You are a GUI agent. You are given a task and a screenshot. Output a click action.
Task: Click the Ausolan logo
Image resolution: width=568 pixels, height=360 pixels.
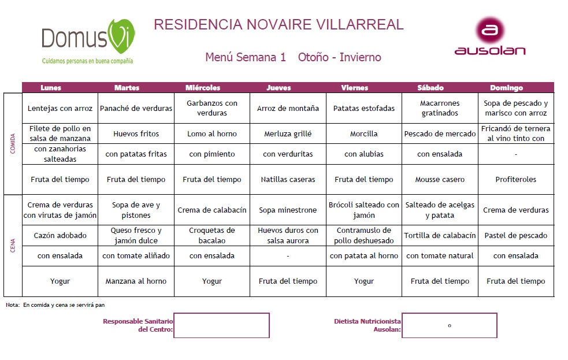(490, 37)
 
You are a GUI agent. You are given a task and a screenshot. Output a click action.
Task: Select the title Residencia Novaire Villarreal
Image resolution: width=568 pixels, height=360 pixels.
(279, 25)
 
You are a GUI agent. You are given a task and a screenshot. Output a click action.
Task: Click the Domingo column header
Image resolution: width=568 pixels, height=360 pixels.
(506, 88)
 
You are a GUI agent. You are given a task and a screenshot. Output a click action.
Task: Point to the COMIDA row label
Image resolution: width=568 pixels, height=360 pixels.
(13, 143)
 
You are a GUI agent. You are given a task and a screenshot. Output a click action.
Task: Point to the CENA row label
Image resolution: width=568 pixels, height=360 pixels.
(13, 245)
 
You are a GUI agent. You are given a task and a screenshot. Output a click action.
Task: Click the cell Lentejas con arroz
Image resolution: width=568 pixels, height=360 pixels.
(60, 108)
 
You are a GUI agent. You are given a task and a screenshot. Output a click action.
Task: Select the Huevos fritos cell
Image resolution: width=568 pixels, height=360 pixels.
(136, 133)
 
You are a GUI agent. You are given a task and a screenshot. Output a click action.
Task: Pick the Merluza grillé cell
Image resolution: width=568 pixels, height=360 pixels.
(288, 133)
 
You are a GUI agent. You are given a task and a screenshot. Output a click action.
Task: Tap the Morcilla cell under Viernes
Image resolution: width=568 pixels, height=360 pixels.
(364, 133)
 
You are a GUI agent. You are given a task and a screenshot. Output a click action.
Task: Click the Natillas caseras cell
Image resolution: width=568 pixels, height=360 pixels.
(288, 179)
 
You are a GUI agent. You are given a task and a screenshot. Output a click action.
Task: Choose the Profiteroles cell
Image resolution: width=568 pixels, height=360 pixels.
(515, 179)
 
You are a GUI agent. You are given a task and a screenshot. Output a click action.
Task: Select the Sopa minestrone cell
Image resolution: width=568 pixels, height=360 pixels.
(288, 210)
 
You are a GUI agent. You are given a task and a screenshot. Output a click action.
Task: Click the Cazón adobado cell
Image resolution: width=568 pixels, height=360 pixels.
(60, 235)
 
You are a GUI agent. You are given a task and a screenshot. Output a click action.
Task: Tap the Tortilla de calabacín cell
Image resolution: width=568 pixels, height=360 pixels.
(440, 235)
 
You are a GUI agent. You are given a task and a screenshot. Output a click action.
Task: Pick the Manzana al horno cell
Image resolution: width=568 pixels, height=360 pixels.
(136, 281)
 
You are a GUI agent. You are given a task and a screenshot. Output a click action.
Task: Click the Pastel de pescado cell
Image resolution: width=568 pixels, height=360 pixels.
(515, 235)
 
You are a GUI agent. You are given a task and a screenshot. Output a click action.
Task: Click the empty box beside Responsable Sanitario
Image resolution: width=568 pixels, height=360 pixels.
(221, 325)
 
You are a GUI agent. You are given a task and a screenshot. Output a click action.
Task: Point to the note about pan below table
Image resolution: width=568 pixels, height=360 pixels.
(55, 305)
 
